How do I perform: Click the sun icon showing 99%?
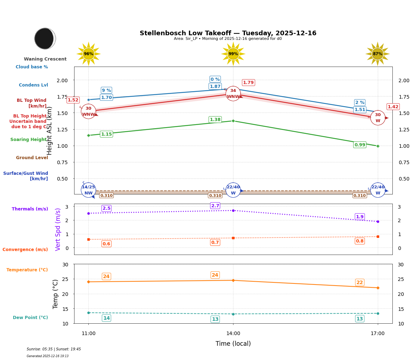click(233, 54)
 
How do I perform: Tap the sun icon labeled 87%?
click(377, 54)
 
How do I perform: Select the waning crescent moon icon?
click(45, 38)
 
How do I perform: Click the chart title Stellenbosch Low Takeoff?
click(228, 33)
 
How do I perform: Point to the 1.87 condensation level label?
click(215, 87)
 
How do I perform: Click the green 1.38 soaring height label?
click(215, 120)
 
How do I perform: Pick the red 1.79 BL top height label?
click(248, 83)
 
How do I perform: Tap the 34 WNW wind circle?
click(233, 94)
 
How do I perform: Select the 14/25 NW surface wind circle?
click(88, 190)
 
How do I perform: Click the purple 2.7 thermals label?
click(215, 206)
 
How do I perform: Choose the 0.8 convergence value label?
click(360, 241)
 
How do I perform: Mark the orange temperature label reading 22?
click(360, 282)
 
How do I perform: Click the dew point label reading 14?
click(107, 318)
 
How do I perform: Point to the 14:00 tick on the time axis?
click(233, 334)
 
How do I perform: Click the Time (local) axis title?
click(233, 344)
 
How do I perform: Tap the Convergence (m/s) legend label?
click(25, 250)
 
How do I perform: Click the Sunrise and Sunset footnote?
click(54, 349)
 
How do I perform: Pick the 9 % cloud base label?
click(106, 90)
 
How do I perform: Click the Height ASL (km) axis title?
click(50, 131)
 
